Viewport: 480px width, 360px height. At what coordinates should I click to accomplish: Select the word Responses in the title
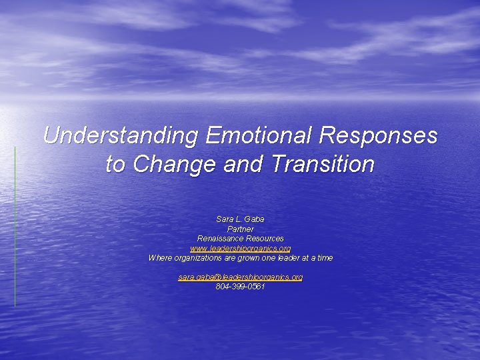[379, 136]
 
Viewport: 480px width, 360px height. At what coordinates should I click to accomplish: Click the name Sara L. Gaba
[240, 219]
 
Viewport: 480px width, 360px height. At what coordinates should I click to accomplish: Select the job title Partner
[240, 229]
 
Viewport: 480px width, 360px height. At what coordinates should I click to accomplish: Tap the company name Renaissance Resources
[240, 239]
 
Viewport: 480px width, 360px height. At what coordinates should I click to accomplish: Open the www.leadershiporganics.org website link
[240, 248]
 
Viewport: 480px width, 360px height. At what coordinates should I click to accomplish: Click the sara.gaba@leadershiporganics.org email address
[240, 277]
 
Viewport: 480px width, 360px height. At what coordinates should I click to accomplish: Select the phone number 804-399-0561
[240, 287]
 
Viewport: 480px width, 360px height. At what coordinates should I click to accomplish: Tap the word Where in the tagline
[160, 258]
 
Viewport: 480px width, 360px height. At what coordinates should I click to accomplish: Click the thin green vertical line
[15, 227]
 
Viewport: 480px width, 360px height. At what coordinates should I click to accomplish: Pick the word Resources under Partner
[265, 239]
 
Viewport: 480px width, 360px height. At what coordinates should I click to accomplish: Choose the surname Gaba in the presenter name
[255, 219]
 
